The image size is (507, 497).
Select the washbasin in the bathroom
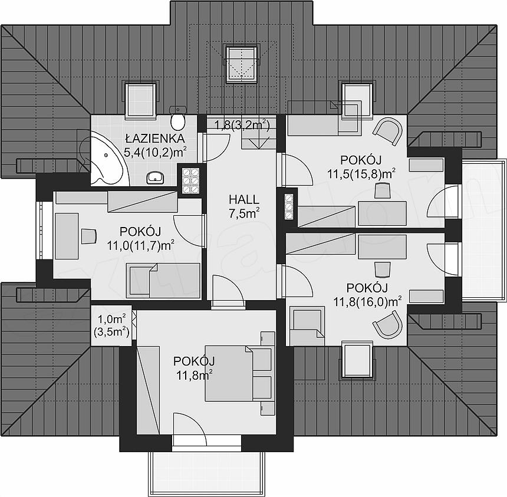coord(155,177)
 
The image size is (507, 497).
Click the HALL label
coord(244,199)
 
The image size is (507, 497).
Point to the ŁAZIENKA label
coord(155,139)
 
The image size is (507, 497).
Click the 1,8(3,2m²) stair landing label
coord(242,125)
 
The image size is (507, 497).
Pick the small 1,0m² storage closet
coord(111,325)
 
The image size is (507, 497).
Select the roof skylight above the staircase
coord(242,64)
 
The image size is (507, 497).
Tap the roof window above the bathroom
coord(141,98)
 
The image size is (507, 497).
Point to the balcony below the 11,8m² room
coord(206,471)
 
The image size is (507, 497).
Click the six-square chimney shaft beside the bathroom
coord(190,180)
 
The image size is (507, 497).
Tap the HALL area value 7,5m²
coord(244,214)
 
